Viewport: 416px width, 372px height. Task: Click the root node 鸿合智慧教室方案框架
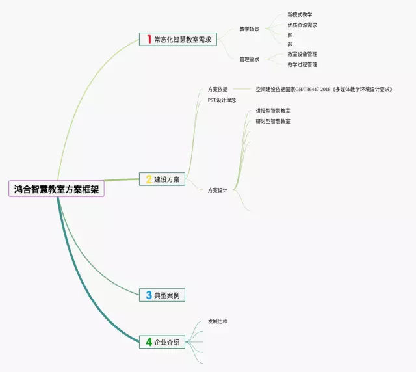[57, 189]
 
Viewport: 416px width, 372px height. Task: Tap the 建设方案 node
[167, 179]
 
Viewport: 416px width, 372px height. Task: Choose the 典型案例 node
[167, 295]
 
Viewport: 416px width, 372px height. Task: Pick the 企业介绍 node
[167, 341]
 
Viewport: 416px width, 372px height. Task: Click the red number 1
[149, 40]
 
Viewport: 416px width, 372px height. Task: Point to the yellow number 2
[148, 179]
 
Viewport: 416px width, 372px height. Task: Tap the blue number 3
[148, 295]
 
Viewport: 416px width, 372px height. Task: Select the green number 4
[148, 341]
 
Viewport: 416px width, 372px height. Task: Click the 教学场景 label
[250, 29]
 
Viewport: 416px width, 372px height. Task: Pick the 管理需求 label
[250, 59]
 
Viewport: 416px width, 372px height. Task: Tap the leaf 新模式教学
[300, 14]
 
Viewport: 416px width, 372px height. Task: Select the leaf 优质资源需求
[302, 25]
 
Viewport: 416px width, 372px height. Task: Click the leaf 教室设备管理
[302, 54]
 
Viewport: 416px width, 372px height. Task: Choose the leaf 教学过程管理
[302, 64]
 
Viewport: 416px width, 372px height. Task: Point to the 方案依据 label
[218, 89]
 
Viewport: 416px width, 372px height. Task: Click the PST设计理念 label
[222, 100]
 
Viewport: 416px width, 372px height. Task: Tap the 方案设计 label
[218, 190]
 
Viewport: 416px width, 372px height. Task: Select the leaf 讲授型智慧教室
[273, 111]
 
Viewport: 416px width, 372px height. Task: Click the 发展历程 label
[218, 321]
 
